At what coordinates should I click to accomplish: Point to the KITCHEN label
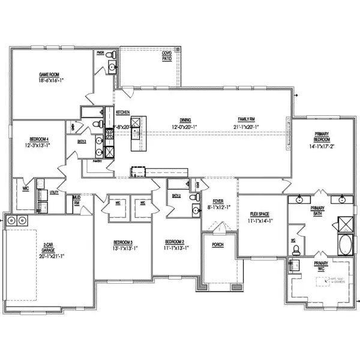(x=123, y=112)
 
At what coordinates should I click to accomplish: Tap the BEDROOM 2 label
(x=176, y=242)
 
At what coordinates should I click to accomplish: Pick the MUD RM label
(x=77, y=200)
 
